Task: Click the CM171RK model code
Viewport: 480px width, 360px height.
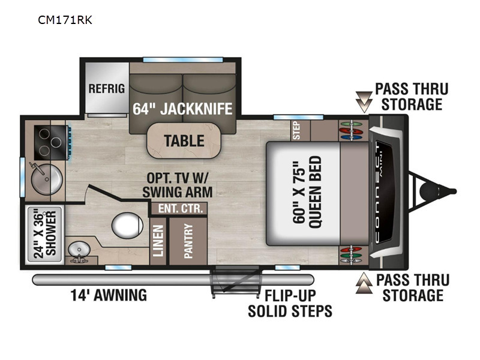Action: tap(65, 20)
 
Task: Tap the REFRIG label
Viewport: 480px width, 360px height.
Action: tap(107, 89)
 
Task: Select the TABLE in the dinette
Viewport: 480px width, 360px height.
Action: tap(184, 141)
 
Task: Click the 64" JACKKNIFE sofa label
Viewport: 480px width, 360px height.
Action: tap(182, 109)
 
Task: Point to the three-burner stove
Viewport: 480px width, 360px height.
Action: tap(51, 142)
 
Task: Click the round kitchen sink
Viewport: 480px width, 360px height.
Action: tap(47, 179)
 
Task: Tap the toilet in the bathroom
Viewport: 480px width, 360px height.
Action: tap(127, 226)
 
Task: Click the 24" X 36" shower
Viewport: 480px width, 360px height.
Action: tap(45, 234)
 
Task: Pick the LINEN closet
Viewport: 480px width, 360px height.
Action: tap(158, 241)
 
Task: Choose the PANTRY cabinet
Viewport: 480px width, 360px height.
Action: tap(188, 241)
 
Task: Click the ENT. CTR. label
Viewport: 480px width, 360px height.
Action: tap(181, 208)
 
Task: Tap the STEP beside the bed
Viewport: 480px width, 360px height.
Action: tap(296, 130)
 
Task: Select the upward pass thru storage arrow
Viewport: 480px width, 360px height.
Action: tap(364, 283)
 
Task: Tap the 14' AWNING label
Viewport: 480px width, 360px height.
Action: tap(109, 295)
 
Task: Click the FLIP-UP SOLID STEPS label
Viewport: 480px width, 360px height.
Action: tap(290, 304)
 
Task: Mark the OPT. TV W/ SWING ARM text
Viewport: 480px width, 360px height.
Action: tap(178, 185)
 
